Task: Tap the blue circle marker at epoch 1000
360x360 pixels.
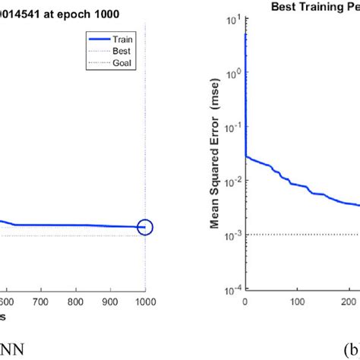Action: point(144,226)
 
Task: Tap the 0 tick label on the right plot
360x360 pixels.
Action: point(245,302)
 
